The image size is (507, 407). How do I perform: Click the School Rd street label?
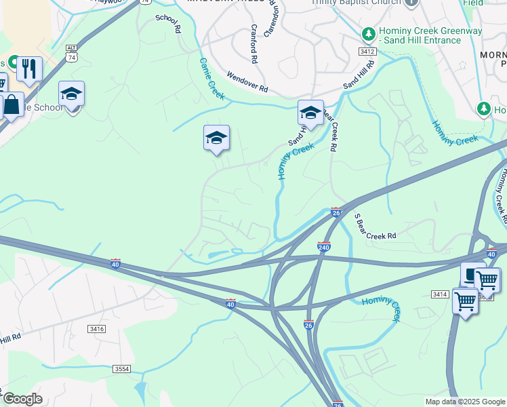(168, 24)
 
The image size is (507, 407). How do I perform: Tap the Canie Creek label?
(211, 76)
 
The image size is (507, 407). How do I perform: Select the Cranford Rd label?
(254, 44)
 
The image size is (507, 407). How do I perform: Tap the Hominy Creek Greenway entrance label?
(420, 35)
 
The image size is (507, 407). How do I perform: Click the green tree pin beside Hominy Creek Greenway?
(368, 33)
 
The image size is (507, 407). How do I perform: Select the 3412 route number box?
(367, 52)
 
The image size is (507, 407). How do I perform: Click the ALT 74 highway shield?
(72, 52)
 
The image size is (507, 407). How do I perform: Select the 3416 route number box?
(96, 328)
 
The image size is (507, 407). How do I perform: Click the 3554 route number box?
(121, 368)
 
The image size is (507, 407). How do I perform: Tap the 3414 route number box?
(439, 294)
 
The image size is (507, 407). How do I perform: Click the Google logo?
(22, 399)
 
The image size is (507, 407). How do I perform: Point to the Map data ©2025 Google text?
(464, 402)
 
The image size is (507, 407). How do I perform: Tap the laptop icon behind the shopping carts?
(470, 273)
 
